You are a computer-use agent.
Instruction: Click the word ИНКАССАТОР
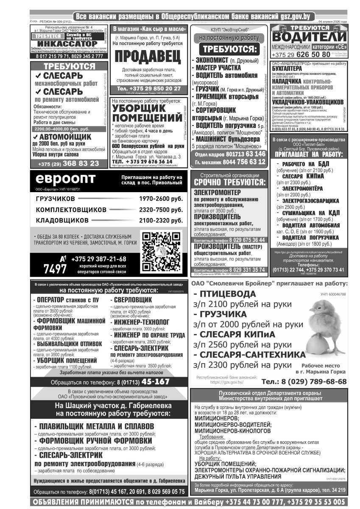coord(67,44)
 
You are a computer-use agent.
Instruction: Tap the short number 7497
coord(55,268)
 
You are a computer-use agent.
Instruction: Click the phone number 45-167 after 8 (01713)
coord(156,382)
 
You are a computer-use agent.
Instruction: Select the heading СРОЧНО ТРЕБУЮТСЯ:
coord(229,182)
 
